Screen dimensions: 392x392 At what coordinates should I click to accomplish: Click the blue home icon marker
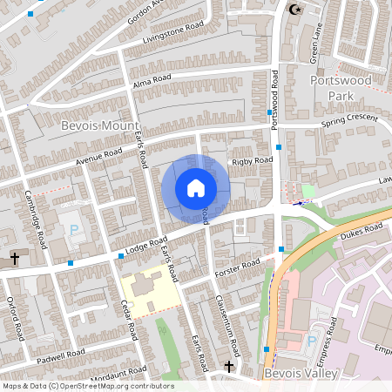coord(196,187)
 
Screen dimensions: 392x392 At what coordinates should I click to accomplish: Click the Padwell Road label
coord(62,353)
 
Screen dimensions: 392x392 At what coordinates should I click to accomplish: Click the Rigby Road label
coord(251,160)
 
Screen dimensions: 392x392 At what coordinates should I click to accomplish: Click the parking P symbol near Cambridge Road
coord(74,229)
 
